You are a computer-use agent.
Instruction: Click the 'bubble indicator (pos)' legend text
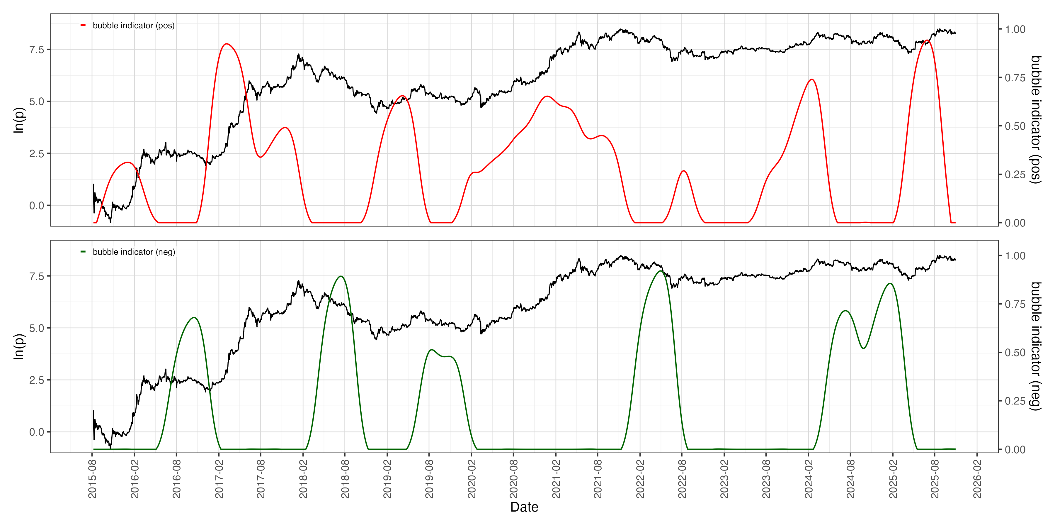pos(134,26)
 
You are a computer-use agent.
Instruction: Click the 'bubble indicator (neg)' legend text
pos(134,252)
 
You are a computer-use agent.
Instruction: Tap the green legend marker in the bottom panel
pos(83,252)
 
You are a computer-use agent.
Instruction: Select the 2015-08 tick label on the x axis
pos(93,479)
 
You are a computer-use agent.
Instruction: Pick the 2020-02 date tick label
pos(472,479)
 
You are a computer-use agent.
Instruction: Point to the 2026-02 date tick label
pos(978,479)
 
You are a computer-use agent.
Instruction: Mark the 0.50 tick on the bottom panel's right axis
pos(1015,353)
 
